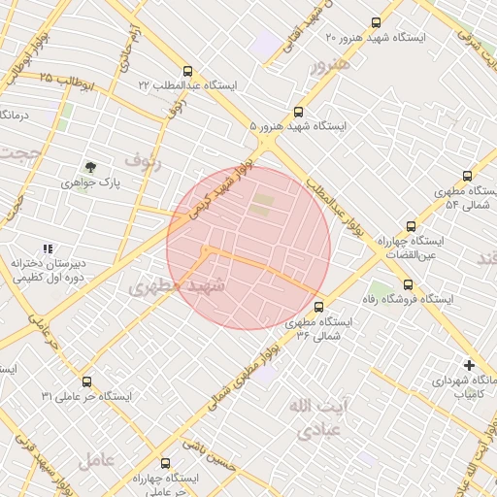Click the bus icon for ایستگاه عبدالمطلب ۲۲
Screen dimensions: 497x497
pos(187,71)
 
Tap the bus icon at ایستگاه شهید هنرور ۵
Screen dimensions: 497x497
pos(299,111)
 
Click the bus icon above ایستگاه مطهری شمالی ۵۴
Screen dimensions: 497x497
pos(468,177)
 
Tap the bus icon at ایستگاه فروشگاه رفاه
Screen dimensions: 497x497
pos(408,285)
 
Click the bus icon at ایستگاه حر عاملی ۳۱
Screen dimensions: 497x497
pos(87,381)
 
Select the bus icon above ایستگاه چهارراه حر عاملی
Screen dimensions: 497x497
pos(164,463)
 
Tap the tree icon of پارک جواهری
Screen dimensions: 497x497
pos(91,167)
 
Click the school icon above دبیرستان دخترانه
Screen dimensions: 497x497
pos(49,249)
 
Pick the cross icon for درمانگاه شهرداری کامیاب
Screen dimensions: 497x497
pos(470,366)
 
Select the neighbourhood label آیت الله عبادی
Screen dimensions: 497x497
pos(310,418)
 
